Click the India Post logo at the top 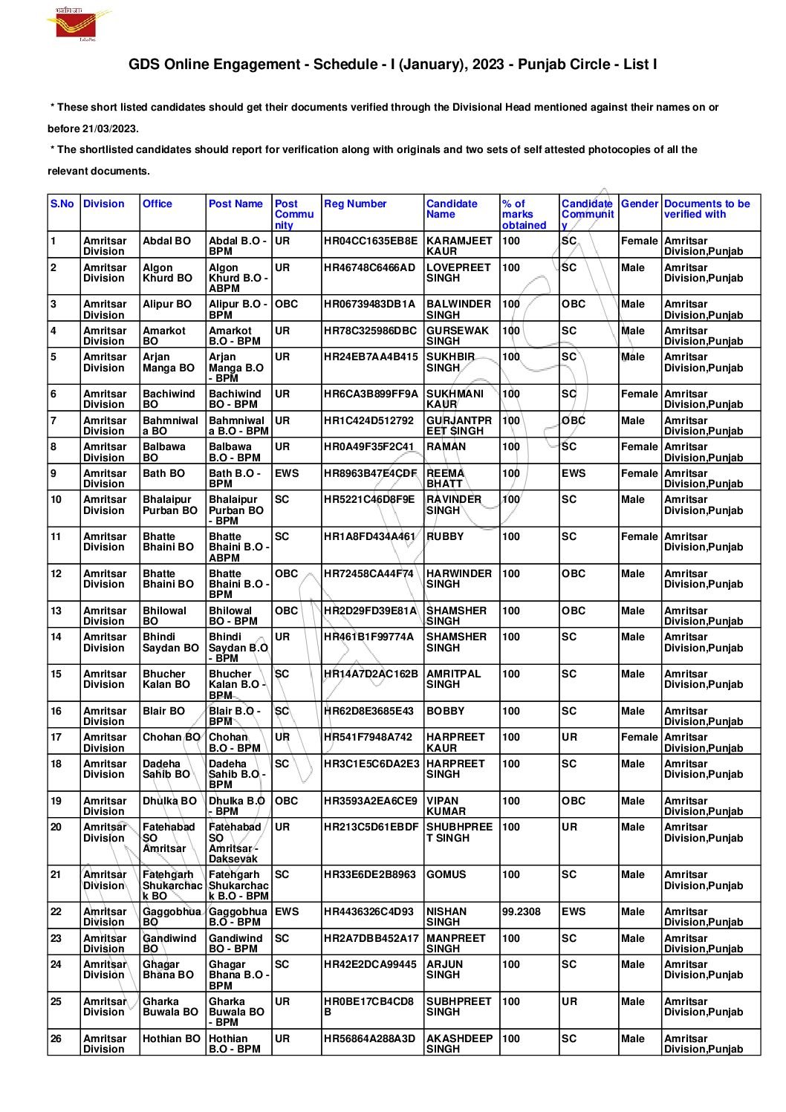coord(78,24)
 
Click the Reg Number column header coord(355,204)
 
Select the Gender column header coord(639,204)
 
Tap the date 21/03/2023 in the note coord(114,129)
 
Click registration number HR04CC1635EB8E coord(371,241)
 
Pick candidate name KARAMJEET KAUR coord(458,246)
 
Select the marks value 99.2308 coord(522,911)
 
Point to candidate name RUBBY coord(444,536)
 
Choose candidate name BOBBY coord(445,711)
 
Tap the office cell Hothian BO coord(171,1038)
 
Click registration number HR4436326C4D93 coord(368,911)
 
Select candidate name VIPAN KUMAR coord(446,806)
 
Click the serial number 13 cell coord(56,611)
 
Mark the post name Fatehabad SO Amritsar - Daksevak coord(235,843)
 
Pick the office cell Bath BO coord(163,473)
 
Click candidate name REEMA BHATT coord(445,478)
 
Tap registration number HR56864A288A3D coord(369,1038)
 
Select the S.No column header coord(62,204)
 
